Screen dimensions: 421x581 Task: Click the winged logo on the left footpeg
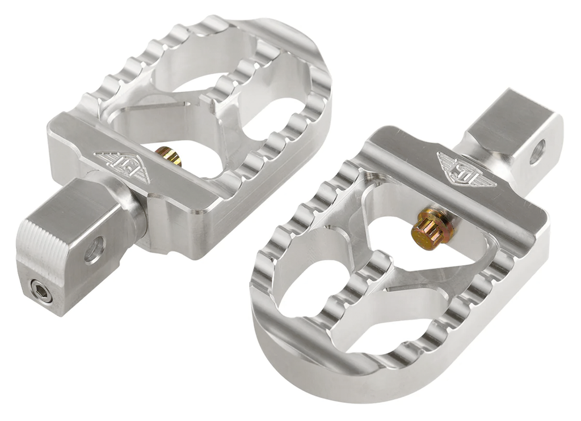pyautogui.click(x=123, y=167)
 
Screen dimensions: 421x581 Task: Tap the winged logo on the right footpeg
pyautogui.click(x=466, y=169)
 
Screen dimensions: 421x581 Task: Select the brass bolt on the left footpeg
pyautogui.click(x=169, y=156)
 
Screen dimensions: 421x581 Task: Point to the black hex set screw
pyautogui.click(x=41, y=291)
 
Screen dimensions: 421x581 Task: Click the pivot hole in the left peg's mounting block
pyautogui.click(x=94, y=249)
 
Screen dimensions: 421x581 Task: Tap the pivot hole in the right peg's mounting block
pyautogui.click(x=537, y=152)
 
